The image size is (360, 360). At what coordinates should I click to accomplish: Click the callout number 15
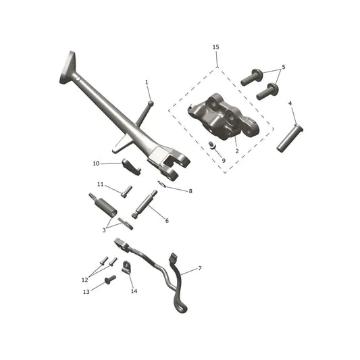point(216,47)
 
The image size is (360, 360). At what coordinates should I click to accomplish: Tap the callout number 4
point(290,103)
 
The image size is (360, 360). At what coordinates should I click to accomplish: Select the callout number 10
point(96,163)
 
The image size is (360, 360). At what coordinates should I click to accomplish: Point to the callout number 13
point(86,292)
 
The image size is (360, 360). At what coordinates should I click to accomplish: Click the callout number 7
point(200,268)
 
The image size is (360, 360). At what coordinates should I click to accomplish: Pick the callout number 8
point(190,191)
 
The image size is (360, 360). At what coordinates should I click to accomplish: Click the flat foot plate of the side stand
point(68,68)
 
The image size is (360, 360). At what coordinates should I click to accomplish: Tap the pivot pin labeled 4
point(290,138)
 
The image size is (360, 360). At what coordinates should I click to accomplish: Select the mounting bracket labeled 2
point(224,117)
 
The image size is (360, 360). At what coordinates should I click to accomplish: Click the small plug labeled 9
point(212,145)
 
